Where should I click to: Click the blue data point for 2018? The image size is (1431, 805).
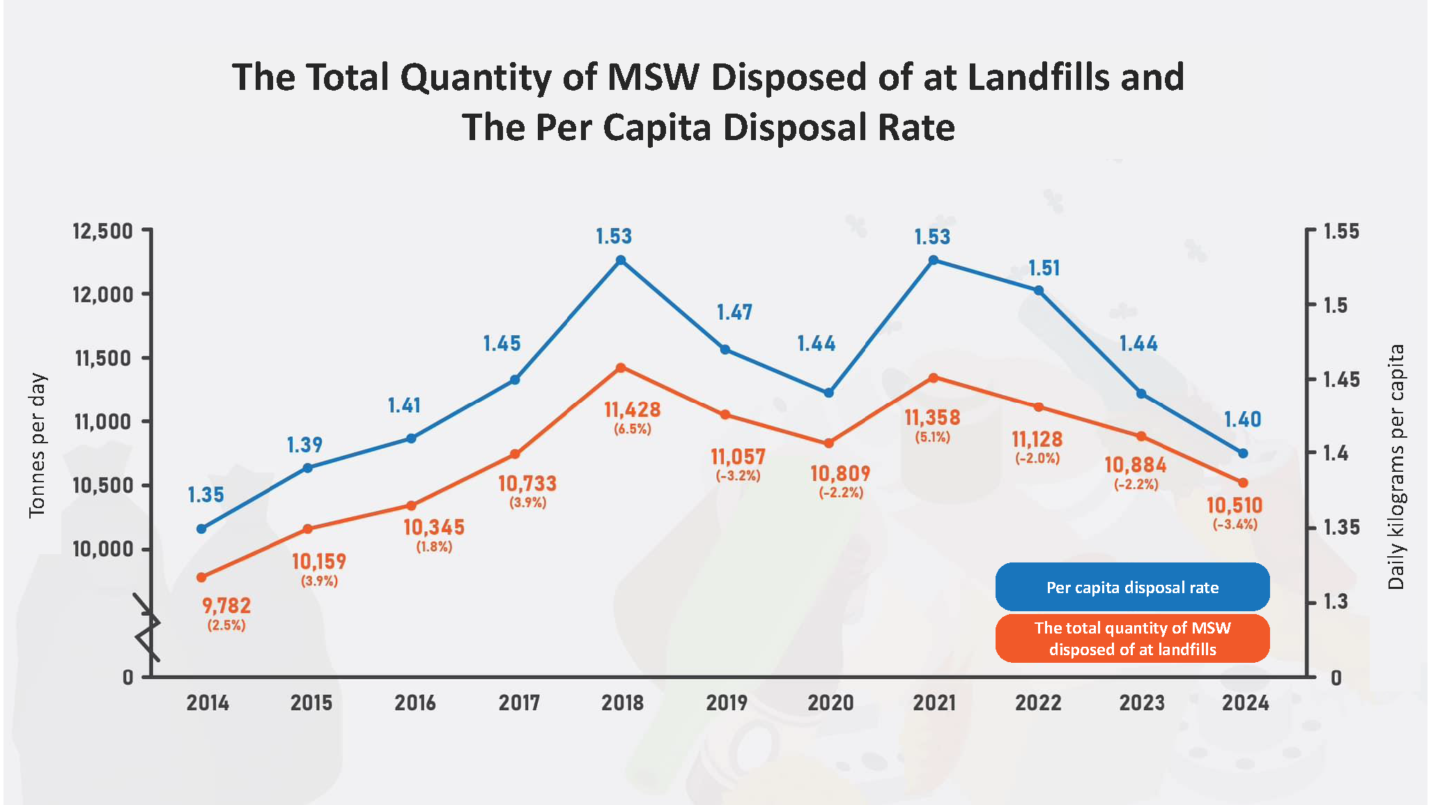click(x=621, y=261)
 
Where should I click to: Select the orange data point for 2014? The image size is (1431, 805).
click(x=201, y=577)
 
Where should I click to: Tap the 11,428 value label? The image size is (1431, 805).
click(x=632, y=410)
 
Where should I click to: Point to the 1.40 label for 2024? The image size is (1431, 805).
click(x=1242, y=420)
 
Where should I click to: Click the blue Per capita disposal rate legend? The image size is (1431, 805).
click(x=1132, y=588)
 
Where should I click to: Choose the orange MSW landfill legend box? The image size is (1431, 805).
click(x=1132, y=638)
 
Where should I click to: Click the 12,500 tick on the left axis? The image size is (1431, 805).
click(x=102, y=231)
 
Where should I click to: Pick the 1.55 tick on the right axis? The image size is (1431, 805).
click(x=1341, y=231)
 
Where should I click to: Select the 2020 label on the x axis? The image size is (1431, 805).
click(x=830, y=703)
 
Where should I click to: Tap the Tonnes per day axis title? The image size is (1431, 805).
click(x=37, y=446)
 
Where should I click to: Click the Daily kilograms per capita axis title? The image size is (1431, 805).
click(x=1395, y=467)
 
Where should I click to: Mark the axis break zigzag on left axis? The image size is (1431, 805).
click(x=147, y=627)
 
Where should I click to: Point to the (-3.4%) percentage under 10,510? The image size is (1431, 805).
click(x=1235, y=524)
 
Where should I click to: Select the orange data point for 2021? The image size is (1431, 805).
click(x=934, y=378)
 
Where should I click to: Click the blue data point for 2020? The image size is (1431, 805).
click(x=829, y=393)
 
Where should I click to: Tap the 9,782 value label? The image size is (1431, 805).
click(x=226, y=606)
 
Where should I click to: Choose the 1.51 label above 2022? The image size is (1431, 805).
click(x=1044, y=268)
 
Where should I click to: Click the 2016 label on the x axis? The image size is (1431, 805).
click(x=415, y=703)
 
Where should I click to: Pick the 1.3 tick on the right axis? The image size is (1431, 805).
click(x=1336, y=601)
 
